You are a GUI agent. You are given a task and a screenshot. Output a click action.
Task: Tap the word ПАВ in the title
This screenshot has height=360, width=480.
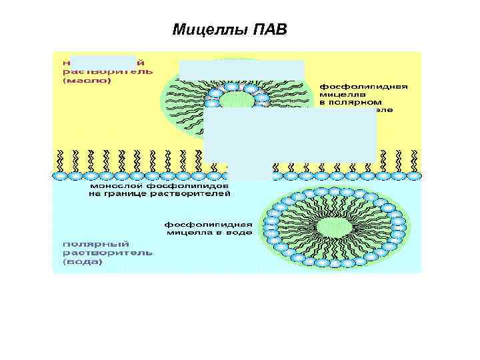[271, 30]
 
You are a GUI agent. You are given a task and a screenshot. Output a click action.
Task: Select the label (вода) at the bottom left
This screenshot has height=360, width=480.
[83, 262]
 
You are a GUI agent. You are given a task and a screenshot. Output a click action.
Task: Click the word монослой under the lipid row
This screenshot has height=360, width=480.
[114, 185]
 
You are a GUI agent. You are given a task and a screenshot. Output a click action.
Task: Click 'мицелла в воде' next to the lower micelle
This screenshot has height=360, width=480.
[209, 233]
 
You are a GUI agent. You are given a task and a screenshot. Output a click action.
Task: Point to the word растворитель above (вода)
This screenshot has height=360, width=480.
[108, 253]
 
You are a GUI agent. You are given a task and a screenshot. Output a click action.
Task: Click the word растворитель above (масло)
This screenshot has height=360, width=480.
[108, 71]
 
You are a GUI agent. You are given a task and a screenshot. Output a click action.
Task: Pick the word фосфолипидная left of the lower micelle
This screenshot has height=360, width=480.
[209, 224]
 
